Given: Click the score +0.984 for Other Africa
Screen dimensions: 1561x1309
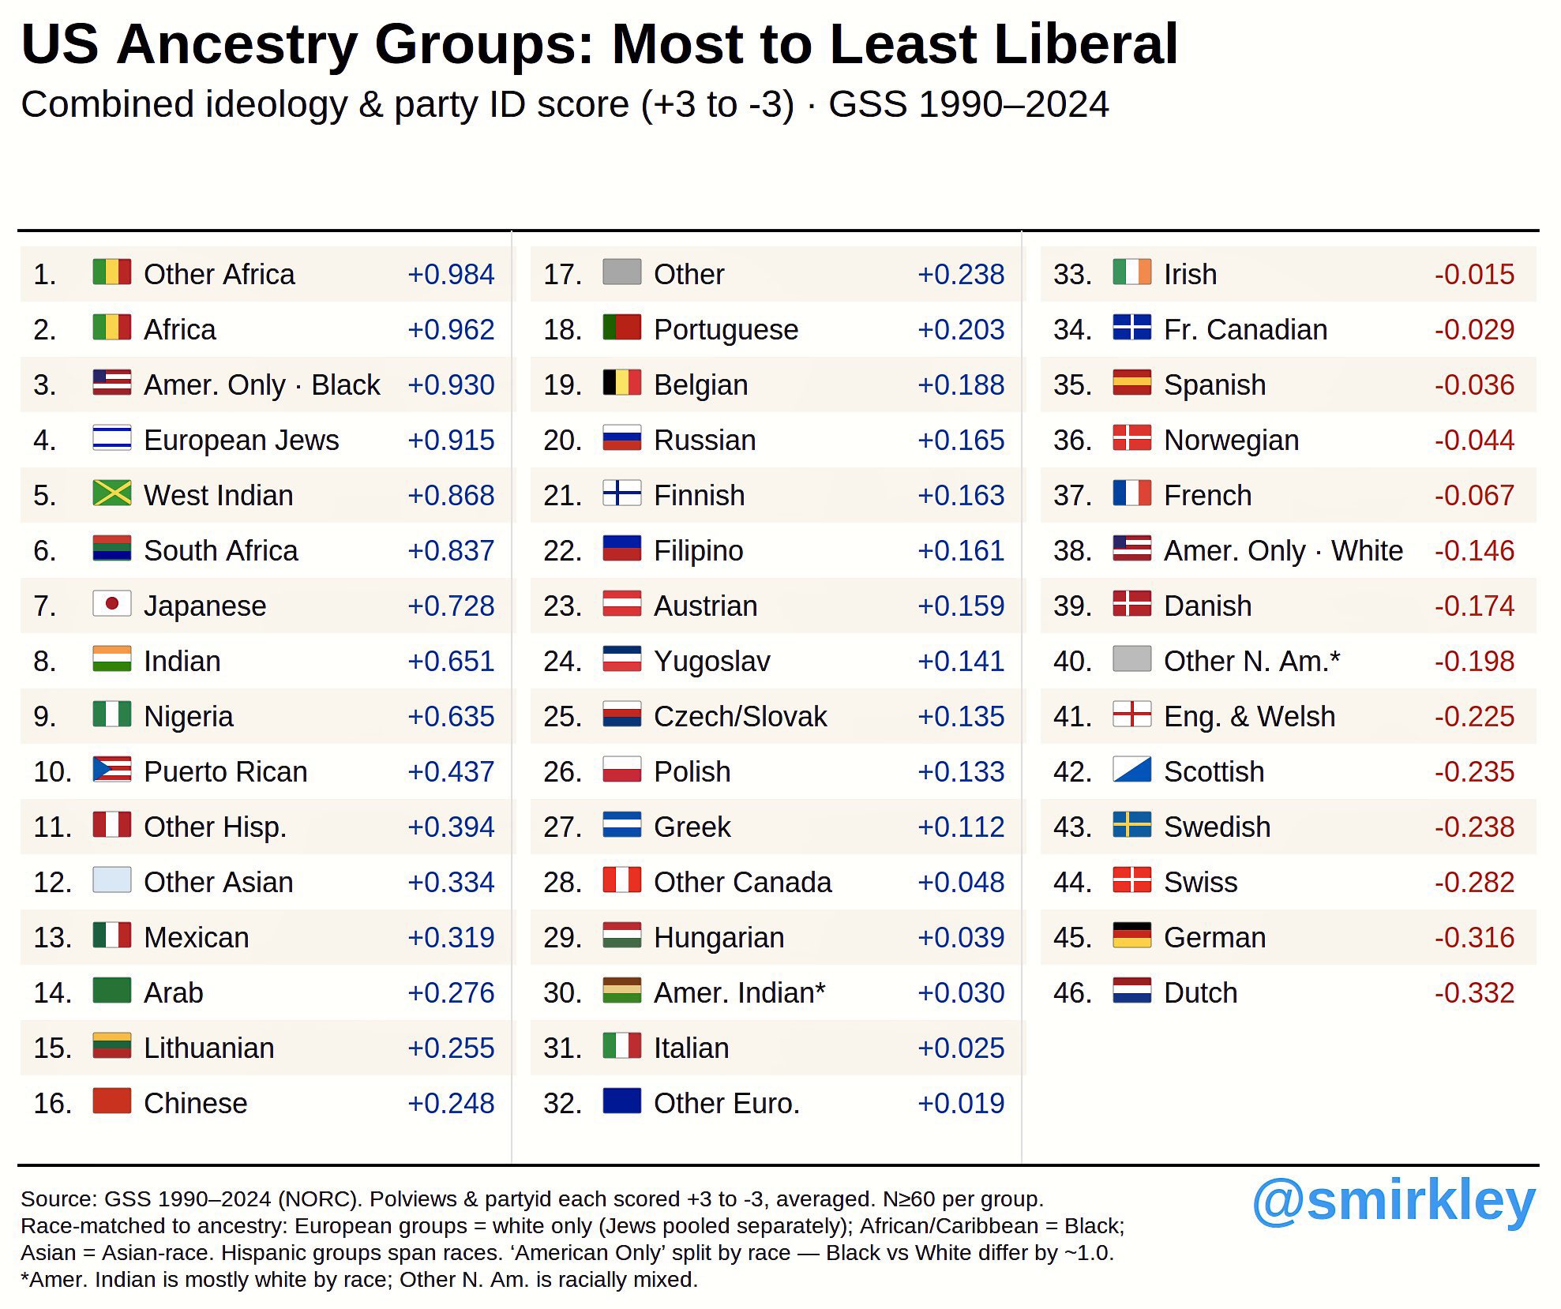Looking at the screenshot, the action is tap(451, 275).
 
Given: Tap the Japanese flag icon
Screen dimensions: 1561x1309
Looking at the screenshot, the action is tap(112, 604).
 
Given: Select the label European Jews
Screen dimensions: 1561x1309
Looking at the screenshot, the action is tap(242, 441).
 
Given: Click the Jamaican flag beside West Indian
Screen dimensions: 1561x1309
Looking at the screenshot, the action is tap(112, 493).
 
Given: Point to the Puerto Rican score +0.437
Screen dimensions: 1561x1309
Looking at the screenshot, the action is tap(451, 772).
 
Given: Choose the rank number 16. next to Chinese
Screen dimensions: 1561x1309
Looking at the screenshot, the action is tap(52, 1104).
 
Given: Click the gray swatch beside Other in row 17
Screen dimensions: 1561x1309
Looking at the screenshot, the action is tap(622, 272).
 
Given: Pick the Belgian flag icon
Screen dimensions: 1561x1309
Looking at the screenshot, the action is tap(622, 383).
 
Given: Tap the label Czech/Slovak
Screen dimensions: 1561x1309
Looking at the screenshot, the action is tap(741, 717).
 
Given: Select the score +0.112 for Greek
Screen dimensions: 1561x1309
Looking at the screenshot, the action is tap(961, 827).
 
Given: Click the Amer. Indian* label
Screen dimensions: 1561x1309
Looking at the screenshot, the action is tap(740, 993).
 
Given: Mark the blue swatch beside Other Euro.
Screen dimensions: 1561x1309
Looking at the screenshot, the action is tap(622, 1101).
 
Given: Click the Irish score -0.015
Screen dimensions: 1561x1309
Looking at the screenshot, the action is tap(1474, 275).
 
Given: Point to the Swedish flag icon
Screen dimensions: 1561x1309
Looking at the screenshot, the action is tap(1132, 825).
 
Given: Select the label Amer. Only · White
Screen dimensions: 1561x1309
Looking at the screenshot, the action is tap(1284, 551).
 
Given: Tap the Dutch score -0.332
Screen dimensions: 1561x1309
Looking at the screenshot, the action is tap(1474, 993).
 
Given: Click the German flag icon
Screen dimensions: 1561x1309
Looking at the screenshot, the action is tap(1132, 936).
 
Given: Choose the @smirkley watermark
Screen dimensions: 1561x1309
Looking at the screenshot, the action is tap(1394, 1202).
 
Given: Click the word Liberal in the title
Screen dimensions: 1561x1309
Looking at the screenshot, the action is tap(1086, 44).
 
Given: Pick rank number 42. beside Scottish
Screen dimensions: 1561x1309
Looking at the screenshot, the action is tap(1073, 772).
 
